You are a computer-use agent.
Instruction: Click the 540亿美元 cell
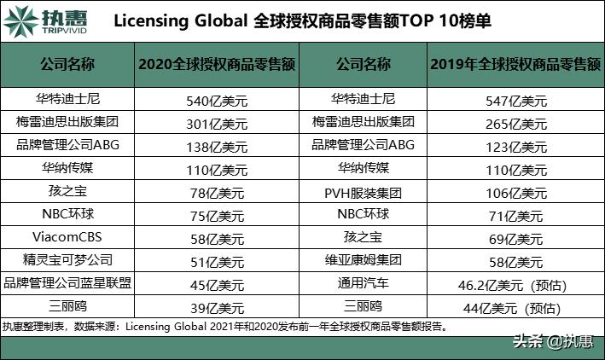click(x=216, y=100)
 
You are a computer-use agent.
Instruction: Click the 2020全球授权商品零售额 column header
click(x=217, y=64)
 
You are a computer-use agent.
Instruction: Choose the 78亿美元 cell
click(x=216, y=192)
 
